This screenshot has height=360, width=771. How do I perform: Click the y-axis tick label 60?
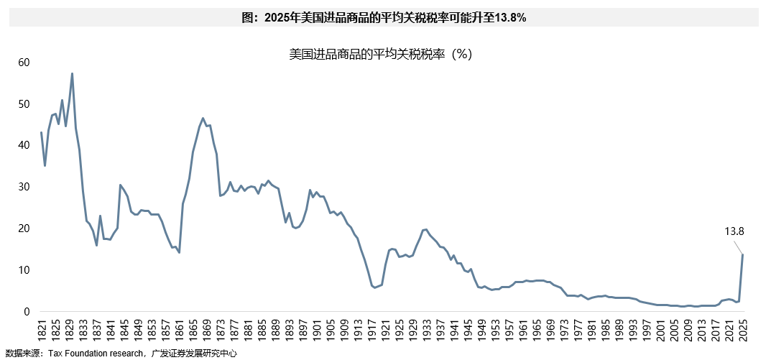coord(24,63)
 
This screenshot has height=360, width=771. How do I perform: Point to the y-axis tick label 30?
coord(24,187)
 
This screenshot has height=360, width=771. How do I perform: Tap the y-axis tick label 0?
coord(27,311)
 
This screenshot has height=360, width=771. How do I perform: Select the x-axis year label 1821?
coord(41,331)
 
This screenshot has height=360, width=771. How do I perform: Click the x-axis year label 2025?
coord(742,331)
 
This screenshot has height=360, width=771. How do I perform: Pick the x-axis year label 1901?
coord(316,331)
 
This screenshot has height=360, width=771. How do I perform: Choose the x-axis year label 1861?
coord(179,331)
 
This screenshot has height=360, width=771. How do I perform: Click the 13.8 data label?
coord(734,231)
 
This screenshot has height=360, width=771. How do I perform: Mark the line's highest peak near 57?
coord(72,73)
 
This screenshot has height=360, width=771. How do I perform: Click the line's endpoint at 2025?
coord(742,254)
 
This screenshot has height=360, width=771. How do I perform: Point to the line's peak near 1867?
coord(203,119)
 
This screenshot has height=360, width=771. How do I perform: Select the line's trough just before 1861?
coord(179,252)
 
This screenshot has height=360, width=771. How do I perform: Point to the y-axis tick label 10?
coord(24,269)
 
